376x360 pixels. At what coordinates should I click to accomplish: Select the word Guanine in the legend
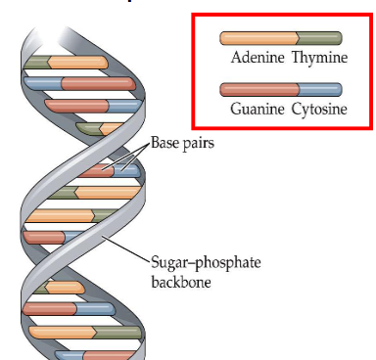coord(258,109)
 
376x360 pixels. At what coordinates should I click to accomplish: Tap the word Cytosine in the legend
coord(318,109)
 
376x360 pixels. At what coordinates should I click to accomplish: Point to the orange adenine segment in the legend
coord(258,39)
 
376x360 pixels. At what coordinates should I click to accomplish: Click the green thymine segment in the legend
coord(320,39)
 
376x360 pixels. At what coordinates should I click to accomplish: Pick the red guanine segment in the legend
coord(258,90)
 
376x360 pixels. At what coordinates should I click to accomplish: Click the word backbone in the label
coord(181,282)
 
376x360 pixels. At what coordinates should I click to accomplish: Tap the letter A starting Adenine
coord(235,58)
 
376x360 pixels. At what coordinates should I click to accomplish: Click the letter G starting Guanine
coord(236,109)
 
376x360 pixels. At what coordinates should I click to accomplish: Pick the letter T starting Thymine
coord(294,58)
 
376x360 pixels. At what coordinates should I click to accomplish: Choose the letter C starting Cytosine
coord(294,109)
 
